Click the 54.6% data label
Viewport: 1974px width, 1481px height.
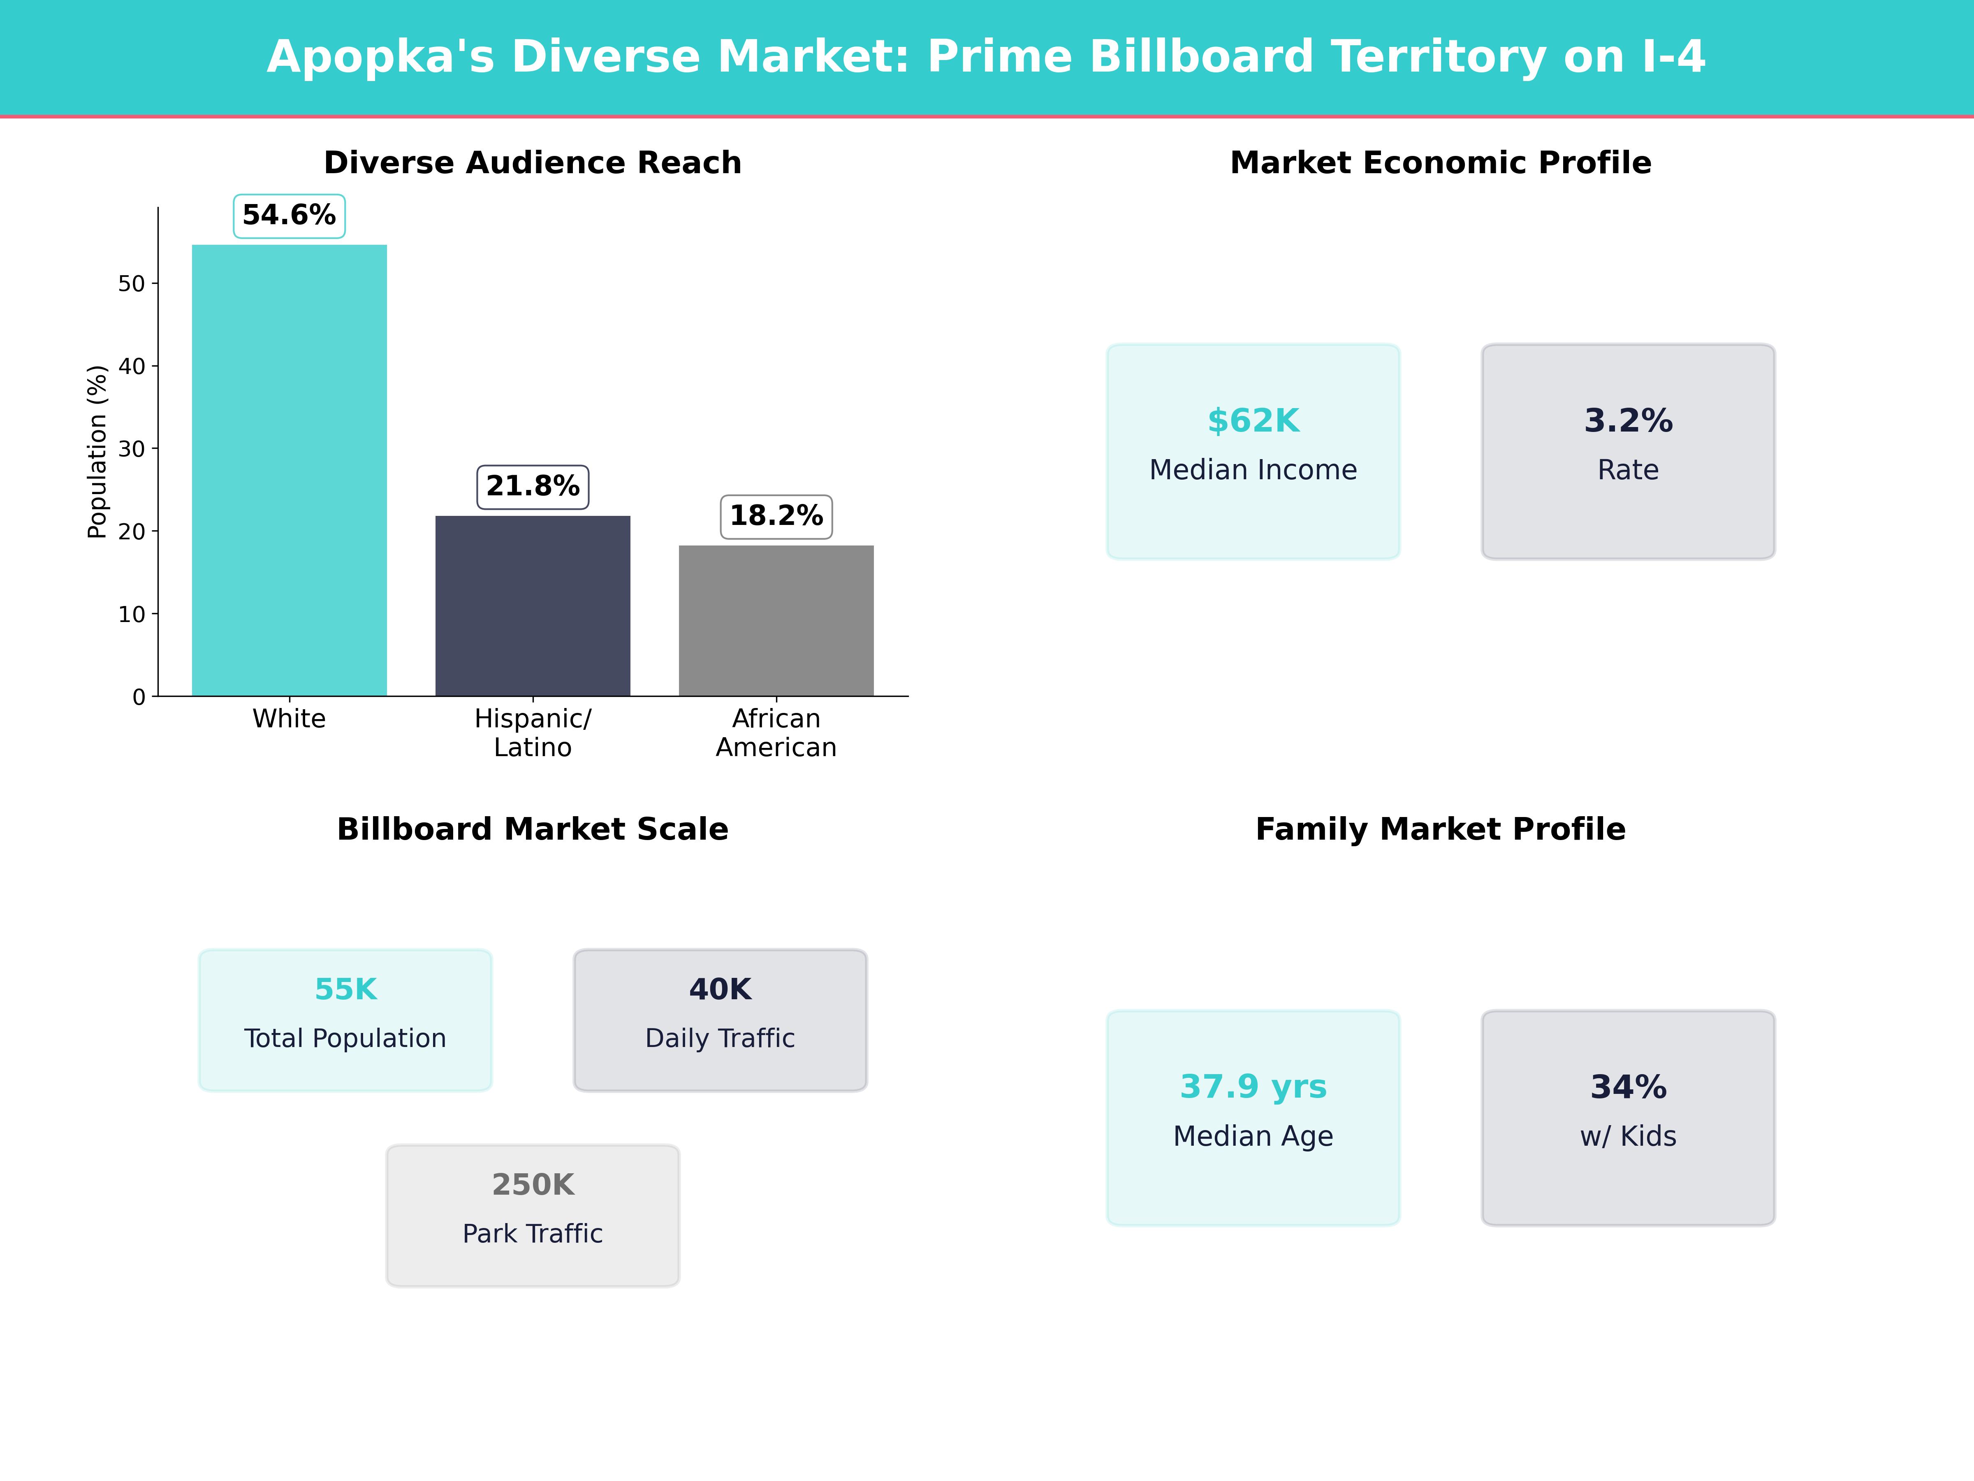pos(289,215)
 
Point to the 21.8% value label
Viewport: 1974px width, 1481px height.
pos(533,487)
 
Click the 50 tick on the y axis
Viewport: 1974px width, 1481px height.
pos(131,284)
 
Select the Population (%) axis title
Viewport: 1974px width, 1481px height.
pos(96,452)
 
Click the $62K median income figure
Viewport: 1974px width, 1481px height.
pos(1253,420)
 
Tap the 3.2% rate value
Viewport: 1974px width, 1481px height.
pos(1628,420)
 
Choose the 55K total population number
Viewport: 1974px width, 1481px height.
pos(345,989)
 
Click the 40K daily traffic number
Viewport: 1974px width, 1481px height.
pos(720,989)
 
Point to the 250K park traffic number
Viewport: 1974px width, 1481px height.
pos(533,1185)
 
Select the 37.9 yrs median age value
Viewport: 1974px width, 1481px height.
pos(1253,1086)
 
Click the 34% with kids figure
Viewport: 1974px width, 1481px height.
pos(1628,1086)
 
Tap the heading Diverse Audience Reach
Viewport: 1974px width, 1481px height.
pos(533,162)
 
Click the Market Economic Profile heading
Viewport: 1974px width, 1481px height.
pos(1440,162)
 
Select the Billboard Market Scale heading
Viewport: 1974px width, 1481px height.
pos(533,829)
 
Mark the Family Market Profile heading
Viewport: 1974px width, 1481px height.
pos(1440,829)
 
